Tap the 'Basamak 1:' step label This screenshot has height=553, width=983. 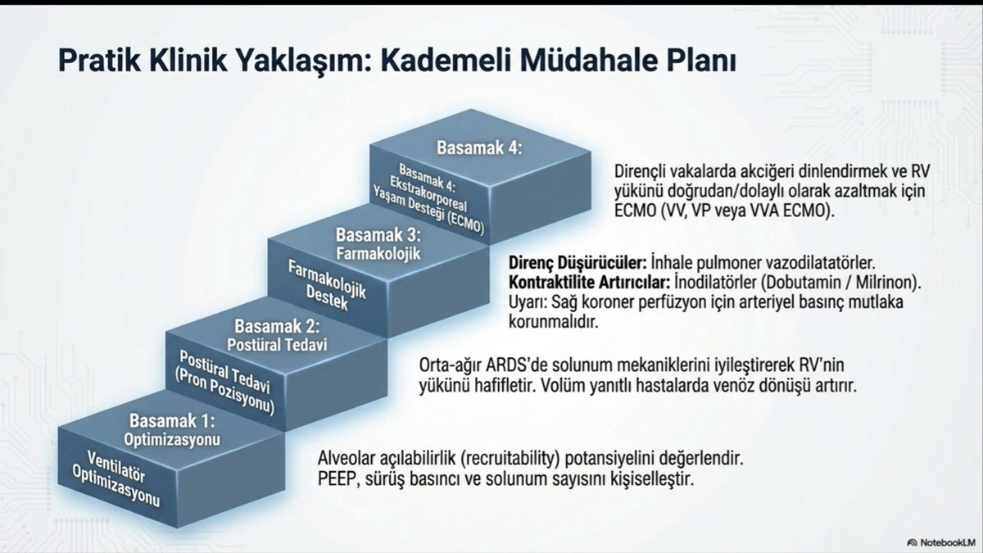pos(171,422)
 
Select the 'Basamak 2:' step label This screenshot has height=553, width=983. pos(274,328)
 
